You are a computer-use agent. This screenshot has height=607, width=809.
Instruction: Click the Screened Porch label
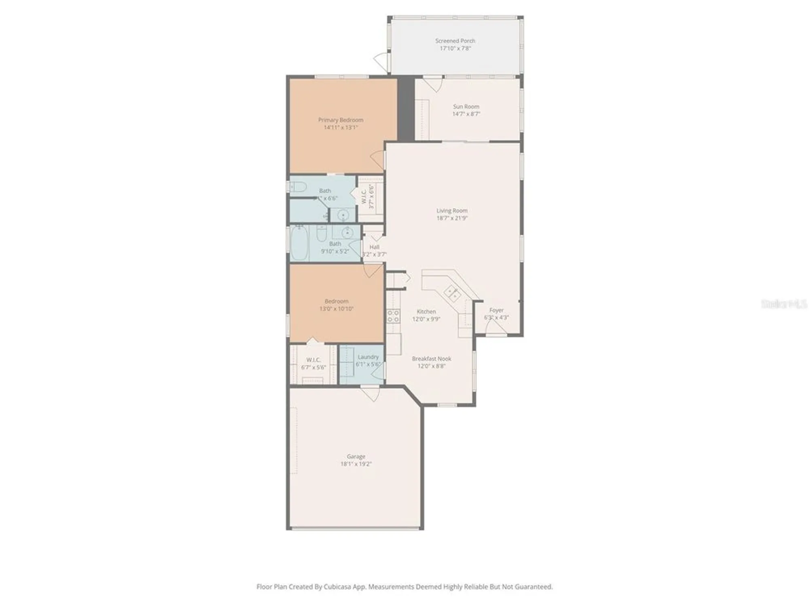click(455, 41)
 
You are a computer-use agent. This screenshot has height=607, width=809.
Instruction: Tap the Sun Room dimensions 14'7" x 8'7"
click(466, 114)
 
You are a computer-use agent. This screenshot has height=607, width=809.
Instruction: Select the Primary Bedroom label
click(341, 120)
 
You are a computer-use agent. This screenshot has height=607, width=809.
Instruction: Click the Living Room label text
click(452, 210)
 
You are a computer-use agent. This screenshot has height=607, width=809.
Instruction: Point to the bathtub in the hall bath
click(299, 244)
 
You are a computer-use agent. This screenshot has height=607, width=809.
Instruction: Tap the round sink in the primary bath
click(343, 215)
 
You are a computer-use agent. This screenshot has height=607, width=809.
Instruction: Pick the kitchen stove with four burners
click(393, 316)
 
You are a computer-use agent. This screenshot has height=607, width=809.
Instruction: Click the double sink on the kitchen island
click(452, 293)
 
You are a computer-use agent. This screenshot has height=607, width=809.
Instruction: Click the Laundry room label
click(368, 357)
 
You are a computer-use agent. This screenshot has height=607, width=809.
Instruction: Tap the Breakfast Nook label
click(432, 359)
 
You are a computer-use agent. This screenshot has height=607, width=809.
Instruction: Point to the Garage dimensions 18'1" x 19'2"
click(356, 464)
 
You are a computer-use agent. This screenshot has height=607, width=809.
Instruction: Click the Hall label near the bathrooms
click(374, 247)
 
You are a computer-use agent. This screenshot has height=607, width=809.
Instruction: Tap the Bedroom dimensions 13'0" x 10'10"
click(337, 309)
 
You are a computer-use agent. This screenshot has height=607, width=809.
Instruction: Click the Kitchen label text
click(426, 312)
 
